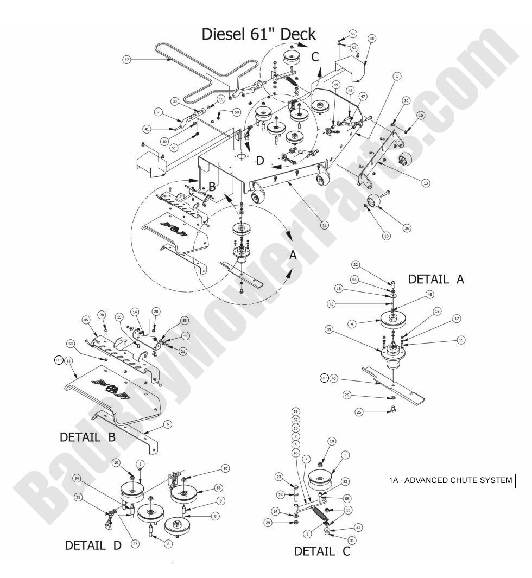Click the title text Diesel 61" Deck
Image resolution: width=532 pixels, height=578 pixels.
tap(258, 34)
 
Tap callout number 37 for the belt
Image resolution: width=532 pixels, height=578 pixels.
tap(127, 60)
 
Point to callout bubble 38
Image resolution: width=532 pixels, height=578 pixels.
tap(371, 39)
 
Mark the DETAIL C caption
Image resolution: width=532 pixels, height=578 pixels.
tap(322, 551)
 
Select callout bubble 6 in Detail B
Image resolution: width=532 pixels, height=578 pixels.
tap(169, 423)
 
